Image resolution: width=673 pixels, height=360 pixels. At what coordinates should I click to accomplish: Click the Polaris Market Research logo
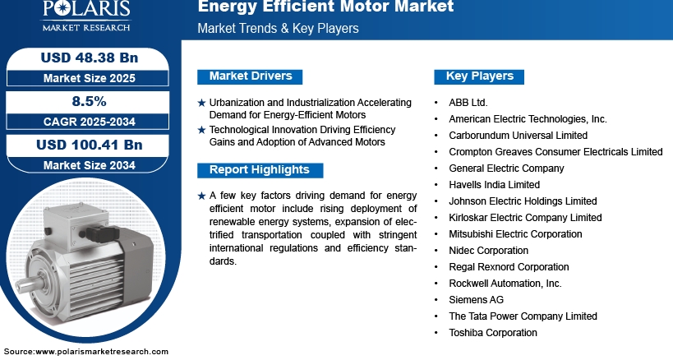86,16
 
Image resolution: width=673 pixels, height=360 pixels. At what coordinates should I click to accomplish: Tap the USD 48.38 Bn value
90,58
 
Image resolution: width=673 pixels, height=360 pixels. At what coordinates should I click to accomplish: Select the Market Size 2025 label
90,78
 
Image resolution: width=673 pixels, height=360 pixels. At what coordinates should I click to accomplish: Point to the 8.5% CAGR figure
89,101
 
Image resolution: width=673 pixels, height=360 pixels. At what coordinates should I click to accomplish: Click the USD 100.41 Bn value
90,145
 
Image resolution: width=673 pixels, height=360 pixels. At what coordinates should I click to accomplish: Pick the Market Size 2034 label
90,165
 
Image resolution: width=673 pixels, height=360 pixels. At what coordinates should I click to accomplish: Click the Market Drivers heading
251,76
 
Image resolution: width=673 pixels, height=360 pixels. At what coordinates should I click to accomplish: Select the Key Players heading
479,76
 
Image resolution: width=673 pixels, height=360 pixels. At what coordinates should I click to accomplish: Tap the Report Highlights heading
260,170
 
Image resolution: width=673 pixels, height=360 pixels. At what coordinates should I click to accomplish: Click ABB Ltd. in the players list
468,103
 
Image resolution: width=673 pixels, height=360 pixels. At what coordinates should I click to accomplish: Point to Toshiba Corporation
493,333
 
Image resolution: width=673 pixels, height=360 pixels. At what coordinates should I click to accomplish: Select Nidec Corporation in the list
488,250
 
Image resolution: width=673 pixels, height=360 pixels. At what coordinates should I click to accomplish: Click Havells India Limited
494,184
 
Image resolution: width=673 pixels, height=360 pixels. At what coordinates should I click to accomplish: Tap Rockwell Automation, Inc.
505,284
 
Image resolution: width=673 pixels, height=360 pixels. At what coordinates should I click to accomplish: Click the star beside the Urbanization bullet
201,103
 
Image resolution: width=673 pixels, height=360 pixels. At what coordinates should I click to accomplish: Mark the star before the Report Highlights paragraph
201,196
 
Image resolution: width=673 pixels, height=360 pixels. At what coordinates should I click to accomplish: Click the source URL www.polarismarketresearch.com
102,352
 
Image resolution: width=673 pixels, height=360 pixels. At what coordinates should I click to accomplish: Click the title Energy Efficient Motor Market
325,7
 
